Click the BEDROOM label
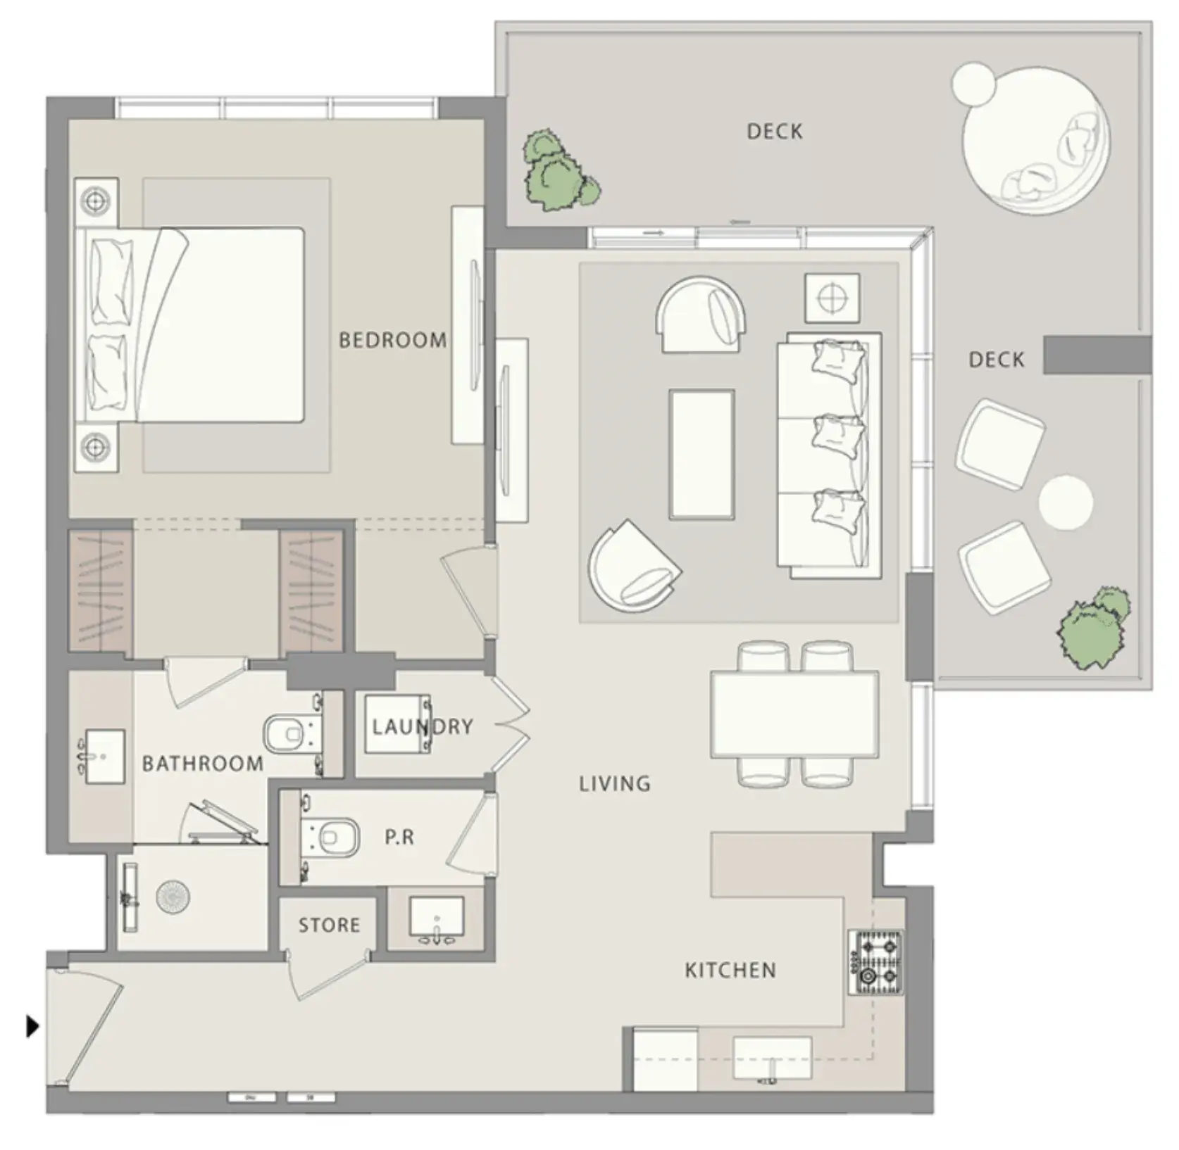click(392, 341)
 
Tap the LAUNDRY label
click(422, 726)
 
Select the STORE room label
click(329, 925)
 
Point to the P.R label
click(399, 837)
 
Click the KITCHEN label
click(730, 971)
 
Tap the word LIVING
click(615, 783)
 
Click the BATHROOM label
click(203, 764)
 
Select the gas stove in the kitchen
click(876, 962)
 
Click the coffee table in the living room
click(701, 455)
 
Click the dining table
click(794, 714)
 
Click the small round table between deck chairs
click(1066, 503)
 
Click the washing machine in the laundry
click(398, 724)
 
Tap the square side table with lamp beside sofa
click(832, 298)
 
